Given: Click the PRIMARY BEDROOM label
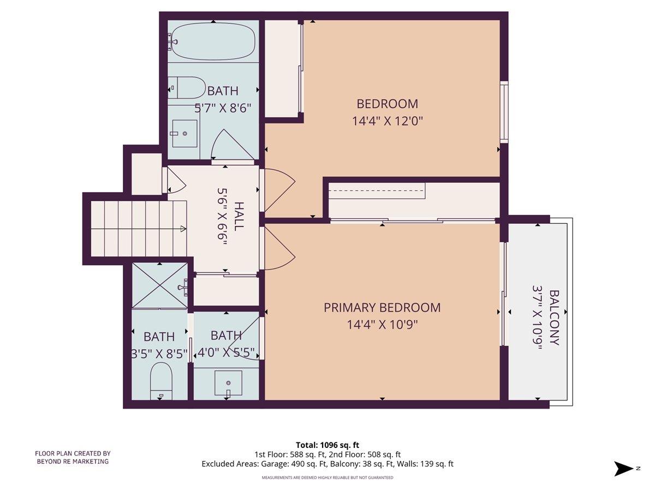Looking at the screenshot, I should (x=382, y=308).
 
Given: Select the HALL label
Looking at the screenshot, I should (x=239, y=216).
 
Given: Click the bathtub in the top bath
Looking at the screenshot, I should (x=213, y=41).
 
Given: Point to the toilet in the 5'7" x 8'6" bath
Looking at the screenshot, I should (x=186, y=88).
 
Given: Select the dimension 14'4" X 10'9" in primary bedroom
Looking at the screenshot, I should (x=382, y=325).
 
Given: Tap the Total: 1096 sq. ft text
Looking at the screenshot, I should (x=327, y=445).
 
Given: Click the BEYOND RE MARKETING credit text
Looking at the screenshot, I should (x=73, y=462).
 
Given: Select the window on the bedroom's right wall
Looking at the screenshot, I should (x=504, y=112).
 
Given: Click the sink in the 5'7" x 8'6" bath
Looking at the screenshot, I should (x=184, y=134).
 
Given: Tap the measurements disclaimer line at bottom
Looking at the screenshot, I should (x=327, y=477).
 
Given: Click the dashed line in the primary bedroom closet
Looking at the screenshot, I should (x=377, y=190).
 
